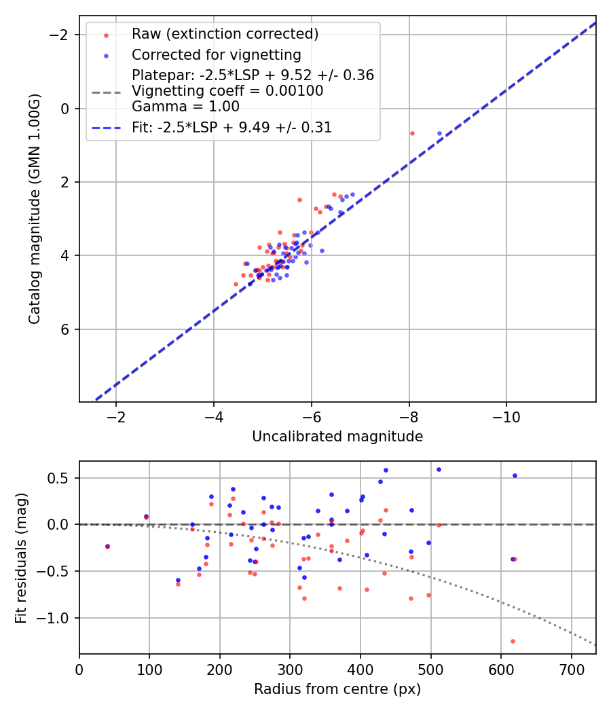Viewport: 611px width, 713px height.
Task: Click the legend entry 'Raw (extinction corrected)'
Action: [225, 34]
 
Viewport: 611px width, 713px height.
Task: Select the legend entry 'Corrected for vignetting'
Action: [216, 54]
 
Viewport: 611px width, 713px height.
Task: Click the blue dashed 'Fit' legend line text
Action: [232, 128]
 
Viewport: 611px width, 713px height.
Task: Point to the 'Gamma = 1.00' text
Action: [185, 106]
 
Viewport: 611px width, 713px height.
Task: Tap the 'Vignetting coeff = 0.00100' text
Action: [227, 90]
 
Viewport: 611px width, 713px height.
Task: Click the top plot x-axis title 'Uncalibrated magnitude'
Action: [337, 437]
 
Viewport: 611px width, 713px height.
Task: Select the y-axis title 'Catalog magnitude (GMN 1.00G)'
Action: [35, 208]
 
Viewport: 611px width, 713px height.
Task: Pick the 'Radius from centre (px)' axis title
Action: [337, 689]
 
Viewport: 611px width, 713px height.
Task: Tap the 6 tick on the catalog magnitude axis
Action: [65, 329]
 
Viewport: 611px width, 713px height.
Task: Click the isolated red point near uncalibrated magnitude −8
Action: [412, 133]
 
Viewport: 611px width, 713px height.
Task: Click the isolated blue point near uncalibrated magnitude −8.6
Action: [439, 133]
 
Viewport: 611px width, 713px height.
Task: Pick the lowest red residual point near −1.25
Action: [513, 641]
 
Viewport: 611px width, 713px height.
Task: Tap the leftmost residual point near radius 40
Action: [107, 546]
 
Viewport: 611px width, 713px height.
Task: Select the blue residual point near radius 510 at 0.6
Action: [439, 469]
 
